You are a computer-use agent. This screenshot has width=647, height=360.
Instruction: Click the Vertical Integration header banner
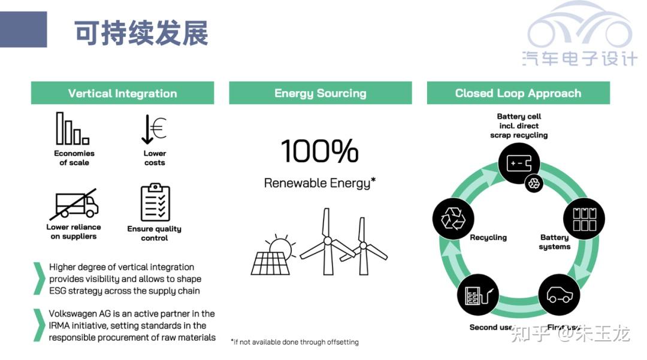(x=122, y=93)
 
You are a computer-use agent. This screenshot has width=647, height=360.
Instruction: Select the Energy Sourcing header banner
(x=320, y=93)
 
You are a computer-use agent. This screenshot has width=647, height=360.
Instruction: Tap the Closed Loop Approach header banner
(x=518, y=93)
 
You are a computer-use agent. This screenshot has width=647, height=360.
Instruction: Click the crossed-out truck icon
(x=73, y=204)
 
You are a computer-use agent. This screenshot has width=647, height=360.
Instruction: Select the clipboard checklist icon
(x=155, y=203)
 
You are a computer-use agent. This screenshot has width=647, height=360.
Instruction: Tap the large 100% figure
(x=319, y=152)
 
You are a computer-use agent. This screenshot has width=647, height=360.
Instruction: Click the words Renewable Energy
(x=317, y=183)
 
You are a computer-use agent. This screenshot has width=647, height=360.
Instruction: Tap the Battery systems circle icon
(x=585, y=219)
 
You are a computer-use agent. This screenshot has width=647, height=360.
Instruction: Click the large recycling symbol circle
(x=453, y=219)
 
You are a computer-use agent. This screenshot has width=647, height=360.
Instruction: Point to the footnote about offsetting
(x=295, y=342)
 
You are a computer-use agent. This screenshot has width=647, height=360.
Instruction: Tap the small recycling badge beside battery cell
(x=533, y=184)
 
